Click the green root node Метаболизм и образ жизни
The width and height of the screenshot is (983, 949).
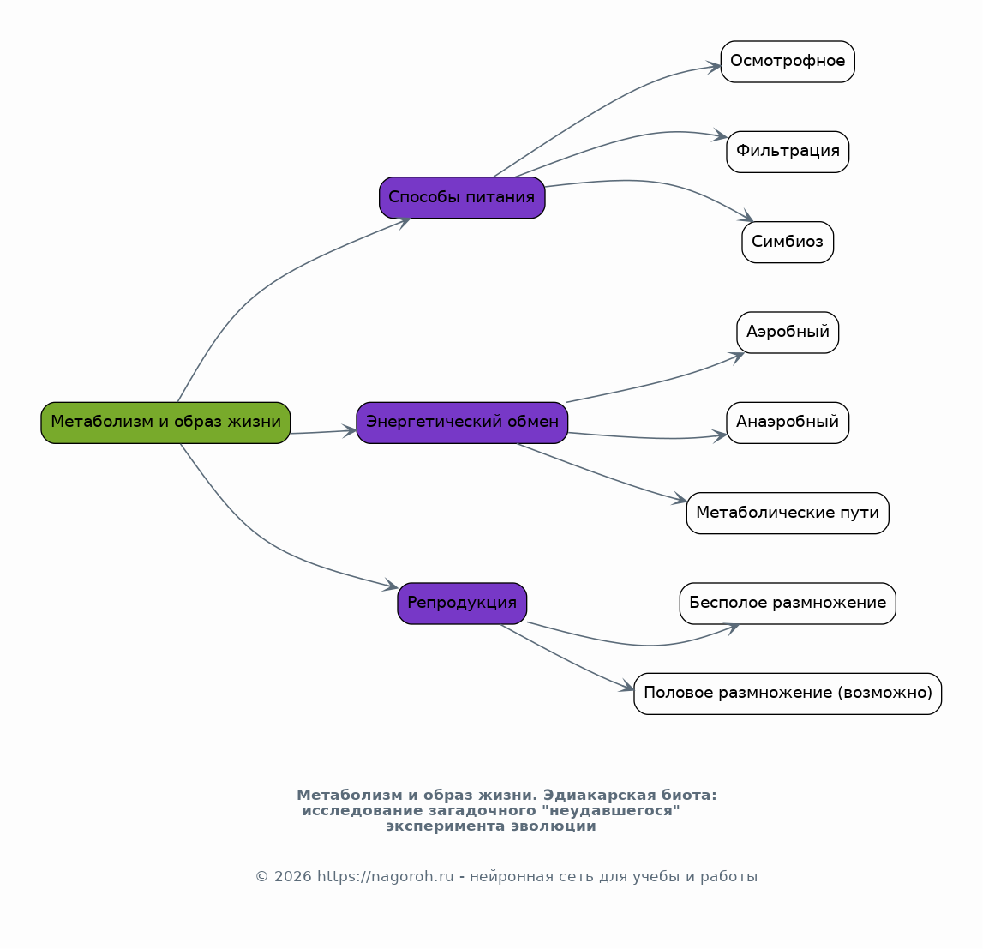(165, 423)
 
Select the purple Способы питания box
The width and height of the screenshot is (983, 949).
(462, 197)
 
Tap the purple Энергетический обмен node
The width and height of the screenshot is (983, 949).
(462, 423)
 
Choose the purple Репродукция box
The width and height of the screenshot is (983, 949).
(462, 604)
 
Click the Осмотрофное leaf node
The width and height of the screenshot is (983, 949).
(788, 62)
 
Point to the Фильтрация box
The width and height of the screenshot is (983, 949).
(788, 152)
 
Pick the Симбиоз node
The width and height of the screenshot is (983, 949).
(788, 242)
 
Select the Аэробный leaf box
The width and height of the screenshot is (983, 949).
(788, 333)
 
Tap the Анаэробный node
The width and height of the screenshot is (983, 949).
(788, 423)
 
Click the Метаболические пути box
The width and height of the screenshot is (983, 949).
(788, 513)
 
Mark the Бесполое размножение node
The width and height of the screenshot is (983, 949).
(788, 604)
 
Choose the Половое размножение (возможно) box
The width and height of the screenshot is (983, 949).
(788, 694)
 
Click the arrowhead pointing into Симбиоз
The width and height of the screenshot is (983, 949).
(746, 216)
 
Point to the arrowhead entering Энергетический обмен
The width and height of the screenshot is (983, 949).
(349, 430)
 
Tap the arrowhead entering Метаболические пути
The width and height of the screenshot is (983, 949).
(680, 499)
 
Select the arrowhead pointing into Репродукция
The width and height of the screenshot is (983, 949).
(391, 586)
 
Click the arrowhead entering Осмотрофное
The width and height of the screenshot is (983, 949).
(713, 67)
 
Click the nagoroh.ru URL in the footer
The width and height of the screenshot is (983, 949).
(385, 876)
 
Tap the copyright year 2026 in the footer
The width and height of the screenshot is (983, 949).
(293, 876)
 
